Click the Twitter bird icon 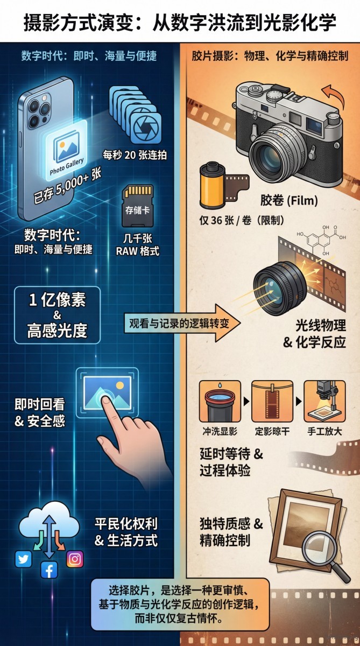[x=23, y=559]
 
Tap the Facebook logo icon [x=49, y=569]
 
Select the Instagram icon [x=75, y=559]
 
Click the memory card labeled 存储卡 [x=138, y=207]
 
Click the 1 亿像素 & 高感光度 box [x=57, y=315]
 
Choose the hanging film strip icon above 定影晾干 [x=272, y=402]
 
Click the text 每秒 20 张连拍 [x=135, y=156]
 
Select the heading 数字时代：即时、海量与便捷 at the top [x=89, y=56]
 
